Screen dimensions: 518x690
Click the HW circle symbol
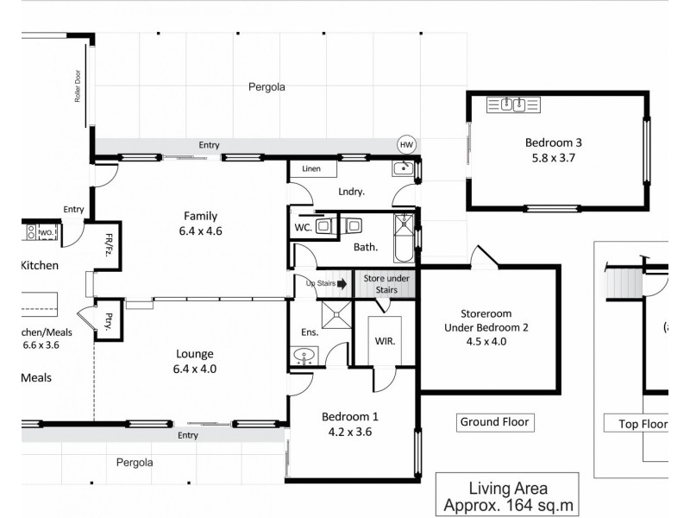[405, 144]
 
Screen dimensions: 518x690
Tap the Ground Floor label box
[494, 422]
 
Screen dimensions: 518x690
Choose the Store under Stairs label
[385, 283]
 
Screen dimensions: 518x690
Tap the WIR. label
[384, 341]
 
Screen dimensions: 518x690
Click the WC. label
[302, 228]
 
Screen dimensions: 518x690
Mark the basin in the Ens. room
[303, 355]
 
